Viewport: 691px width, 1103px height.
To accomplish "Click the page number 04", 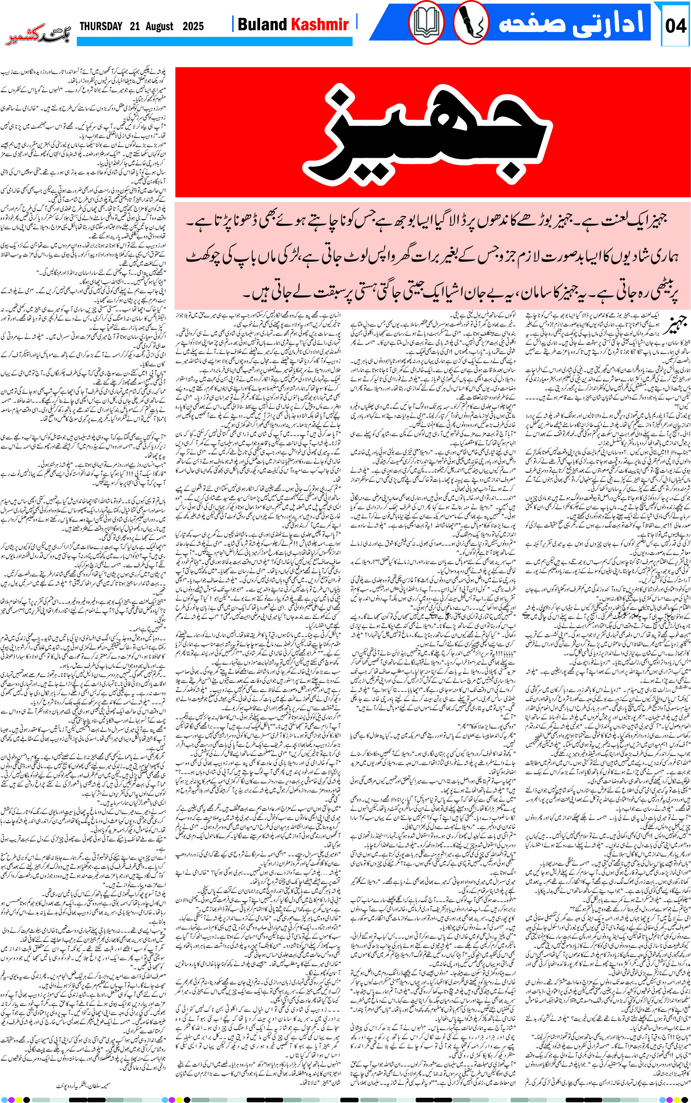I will tap(675, 26).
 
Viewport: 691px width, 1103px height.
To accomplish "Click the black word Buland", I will tap(262, 25).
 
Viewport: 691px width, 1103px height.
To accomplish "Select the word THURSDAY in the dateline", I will tap(101, 26).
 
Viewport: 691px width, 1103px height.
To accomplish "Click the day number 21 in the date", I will tap(134, 26).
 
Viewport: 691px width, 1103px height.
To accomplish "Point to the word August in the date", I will tap(159, 26).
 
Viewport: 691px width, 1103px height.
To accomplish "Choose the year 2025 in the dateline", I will tap(193, 26).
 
